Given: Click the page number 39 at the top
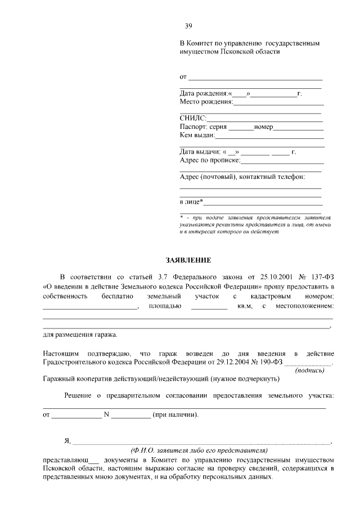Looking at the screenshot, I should pyautogui.click(x=189, y=25).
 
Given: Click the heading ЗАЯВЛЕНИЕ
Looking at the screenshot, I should pyautogui.click(x=188, y=260).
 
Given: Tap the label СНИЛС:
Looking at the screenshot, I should pyautogui.click(x=193, y=118).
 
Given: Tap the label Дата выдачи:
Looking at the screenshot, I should pyautogui.click(x=200, y=152).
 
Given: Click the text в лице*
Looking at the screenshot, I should pyautogui.click(x=191, y=201).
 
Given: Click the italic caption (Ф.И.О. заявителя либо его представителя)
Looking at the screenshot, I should pyautogui.click(x=199, y=451).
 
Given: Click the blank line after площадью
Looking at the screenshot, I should pyautogui.click(x=209, y=307).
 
